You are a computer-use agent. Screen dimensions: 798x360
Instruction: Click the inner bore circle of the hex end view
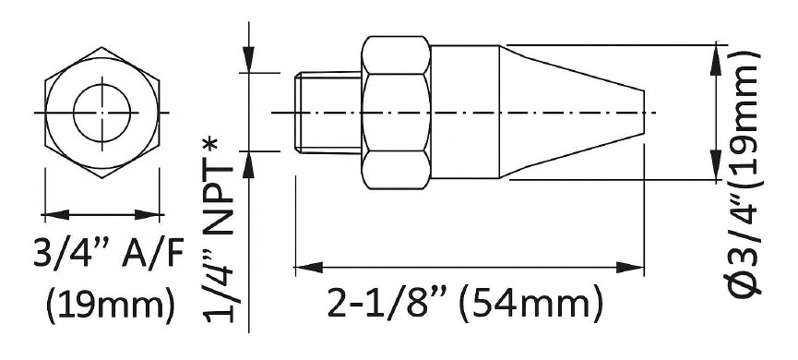tap(102, 85)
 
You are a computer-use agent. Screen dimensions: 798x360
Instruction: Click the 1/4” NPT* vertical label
tap(220, 229)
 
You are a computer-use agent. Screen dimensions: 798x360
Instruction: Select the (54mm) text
tap(531, 304)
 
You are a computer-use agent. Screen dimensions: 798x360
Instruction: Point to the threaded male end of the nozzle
tap(328, 113)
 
